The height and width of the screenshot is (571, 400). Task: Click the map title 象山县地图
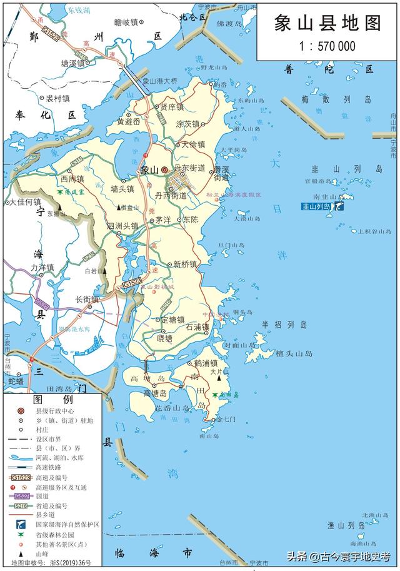pyautogui.click(x=327, y=23)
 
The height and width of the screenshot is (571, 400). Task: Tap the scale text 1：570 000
pyautogui.click(x=327, y=46)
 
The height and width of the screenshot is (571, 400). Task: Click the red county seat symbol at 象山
pyautogui.click(x=165, y=169)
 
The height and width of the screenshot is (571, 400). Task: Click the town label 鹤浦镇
pyautogui.click(x=205, y=363)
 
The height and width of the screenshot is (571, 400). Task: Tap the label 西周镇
pyautogui.click(x=72, y=179)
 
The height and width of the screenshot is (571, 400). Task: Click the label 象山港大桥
pyautogui.click(x=160, y=81)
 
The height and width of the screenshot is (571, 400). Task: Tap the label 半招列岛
pyautogui.click(x=284, y=325)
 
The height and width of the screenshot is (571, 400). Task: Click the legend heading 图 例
pyautogui.click(x=52, y=400)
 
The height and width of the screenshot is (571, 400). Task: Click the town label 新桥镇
pyautogui.click(x=185, y=264)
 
